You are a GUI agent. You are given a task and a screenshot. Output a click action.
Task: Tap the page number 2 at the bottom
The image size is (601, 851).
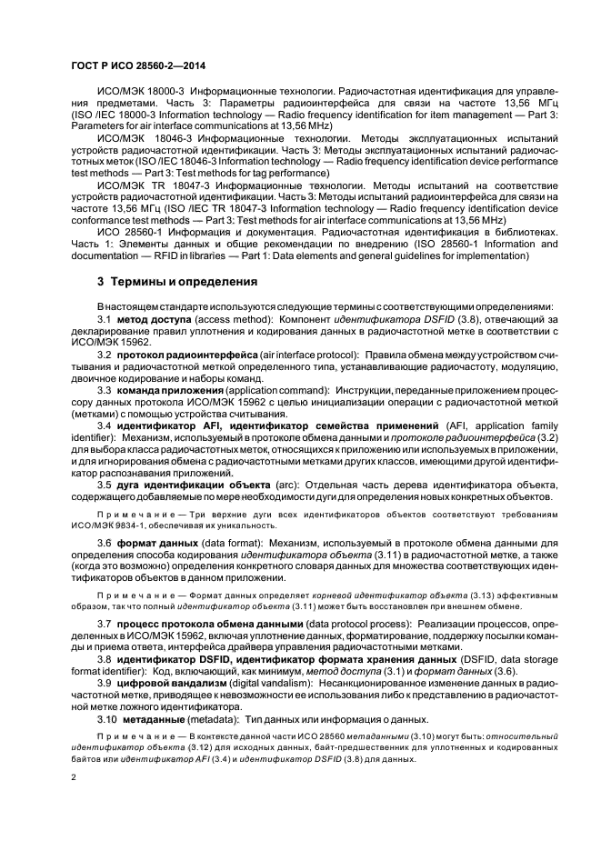coord(75,778)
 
